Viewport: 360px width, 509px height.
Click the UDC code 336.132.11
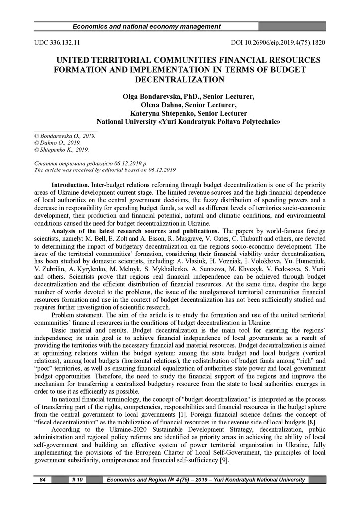point(57,43)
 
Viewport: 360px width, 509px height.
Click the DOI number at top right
point(278,43)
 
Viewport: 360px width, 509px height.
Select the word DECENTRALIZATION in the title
point(180,79)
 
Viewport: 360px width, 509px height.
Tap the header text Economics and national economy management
point(147,26)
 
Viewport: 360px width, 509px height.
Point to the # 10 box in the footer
point(77,479)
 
